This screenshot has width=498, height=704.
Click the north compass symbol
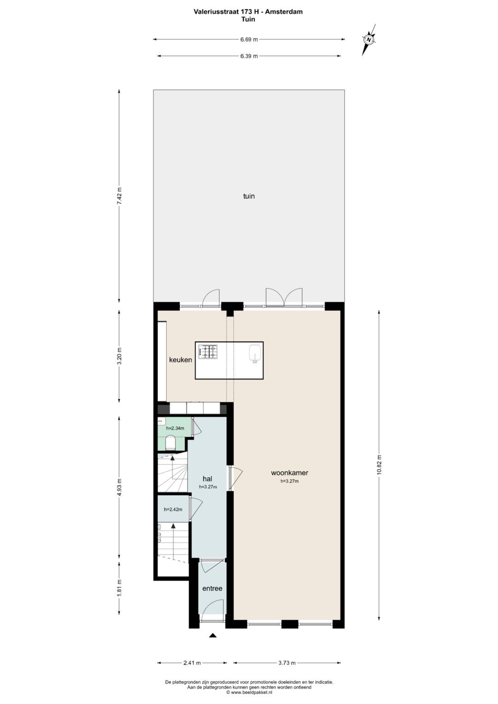click(x=369, y=40)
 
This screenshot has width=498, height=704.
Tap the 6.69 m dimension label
click(x=249, y=40)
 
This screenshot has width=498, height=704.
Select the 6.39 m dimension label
click(x=249, y=56)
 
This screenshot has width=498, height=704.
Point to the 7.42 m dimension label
click(x=119, y=196)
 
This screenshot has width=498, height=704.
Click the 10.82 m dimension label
click(x=379, y=464)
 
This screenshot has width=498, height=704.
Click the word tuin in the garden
click(x=249, y=196)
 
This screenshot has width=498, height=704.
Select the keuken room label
click(x=180, y=360)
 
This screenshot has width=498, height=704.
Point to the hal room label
click(x=207, y=479)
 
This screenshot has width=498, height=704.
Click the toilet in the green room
click(x=170, y=443)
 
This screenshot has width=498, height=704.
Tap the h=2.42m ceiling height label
click(x=173, y=509)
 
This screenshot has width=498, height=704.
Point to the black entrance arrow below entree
click(x=213, y=635)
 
